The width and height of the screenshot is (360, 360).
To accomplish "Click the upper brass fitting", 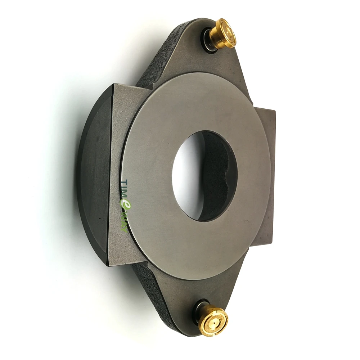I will (x=223, y=34).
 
